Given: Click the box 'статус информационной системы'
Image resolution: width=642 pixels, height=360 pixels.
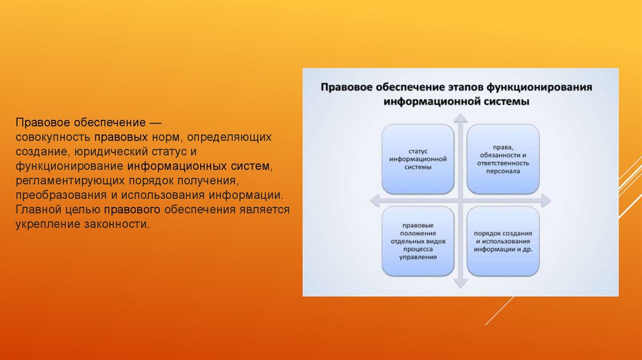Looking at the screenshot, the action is coord(418,159).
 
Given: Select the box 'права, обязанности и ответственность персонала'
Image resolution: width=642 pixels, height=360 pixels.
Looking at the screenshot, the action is coord(503,159).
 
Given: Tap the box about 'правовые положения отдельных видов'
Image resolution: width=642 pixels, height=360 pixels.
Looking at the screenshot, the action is coord(418,241).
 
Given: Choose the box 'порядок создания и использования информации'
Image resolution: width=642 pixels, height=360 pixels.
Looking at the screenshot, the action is coord(503,241).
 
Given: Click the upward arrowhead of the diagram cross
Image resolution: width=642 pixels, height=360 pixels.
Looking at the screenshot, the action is coord(460,118).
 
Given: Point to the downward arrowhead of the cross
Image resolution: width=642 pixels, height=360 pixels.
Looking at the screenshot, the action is coord(460,283).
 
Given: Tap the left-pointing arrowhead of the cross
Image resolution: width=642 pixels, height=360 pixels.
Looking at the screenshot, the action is coord(375,201).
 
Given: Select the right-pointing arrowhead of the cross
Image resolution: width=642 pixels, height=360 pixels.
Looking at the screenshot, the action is coord(546,201).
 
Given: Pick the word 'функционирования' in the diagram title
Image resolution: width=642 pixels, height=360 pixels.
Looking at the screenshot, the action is coord(539,87).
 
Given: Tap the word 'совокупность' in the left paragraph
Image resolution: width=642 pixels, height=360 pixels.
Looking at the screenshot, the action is coord(53,137).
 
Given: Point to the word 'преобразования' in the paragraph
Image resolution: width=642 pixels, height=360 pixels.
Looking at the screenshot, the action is coord(61,195).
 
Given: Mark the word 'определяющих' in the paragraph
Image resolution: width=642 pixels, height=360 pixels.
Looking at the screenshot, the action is coord(229,137).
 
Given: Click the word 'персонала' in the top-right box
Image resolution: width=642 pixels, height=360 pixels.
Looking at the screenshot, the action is coord(503,171).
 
